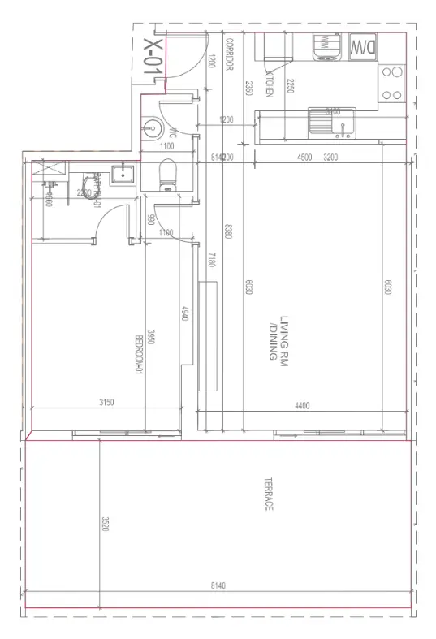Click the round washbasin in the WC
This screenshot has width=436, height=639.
[x=152, y=127]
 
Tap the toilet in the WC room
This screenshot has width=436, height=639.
[x=168, y=174]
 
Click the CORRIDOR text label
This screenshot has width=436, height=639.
[x=230, y=54]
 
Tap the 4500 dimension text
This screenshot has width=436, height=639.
[x=304, y=157]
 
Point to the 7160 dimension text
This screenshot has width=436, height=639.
[x=211, y=261]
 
